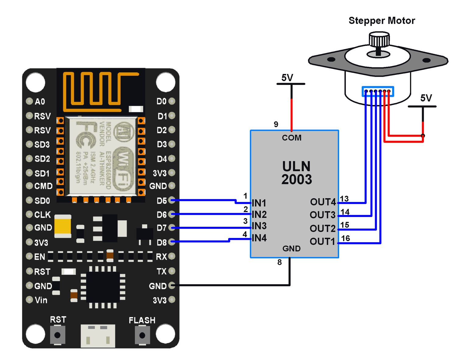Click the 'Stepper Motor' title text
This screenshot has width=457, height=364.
coord(382,21)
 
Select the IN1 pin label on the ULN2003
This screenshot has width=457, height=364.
coord(259,203)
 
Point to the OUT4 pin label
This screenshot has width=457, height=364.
coord(323,202)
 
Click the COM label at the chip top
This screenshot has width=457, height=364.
coord(292,138)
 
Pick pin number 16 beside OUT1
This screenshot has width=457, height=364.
coord(345,238)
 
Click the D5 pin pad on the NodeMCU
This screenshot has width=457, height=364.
coord(172,200)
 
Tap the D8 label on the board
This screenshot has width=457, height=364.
coord(161,243)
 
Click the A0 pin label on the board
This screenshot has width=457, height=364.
coord(40,102)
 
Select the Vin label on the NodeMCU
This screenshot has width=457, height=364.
coord(41,300)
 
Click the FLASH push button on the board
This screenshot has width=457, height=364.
coord(142,335)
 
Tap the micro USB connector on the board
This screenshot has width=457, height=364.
coord(98,336)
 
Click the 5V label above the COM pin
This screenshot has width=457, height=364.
coord(287,78)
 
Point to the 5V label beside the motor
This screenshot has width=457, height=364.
coord(426,98)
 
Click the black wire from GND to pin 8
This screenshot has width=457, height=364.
coord(232,285)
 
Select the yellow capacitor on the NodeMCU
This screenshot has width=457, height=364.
coord(63,226)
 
